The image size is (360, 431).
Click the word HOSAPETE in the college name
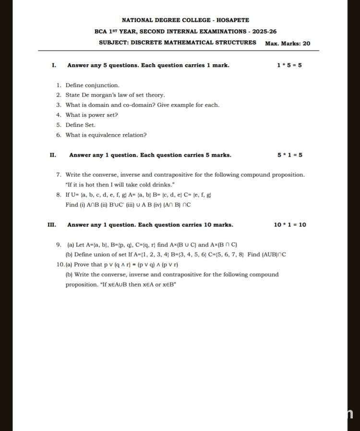click(233, 20)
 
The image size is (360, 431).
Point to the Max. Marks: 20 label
click(288, 43)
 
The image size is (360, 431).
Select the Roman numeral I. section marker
click(54, 65)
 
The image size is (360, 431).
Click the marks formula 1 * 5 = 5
click(289, 65)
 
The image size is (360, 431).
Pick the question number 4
click(59, 115)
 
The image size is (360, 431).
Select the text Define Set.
click(81, 125)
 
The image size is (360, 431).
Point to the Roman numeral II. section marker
click(53, 155)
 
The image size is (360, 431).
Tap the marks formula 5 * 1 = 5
click(289, 155)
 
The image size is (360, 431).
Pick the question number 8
click(59, 195)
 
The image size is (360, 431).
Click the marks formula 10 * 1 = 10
click(289, 224)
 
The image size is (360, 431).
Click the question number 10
click(60, 265)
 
